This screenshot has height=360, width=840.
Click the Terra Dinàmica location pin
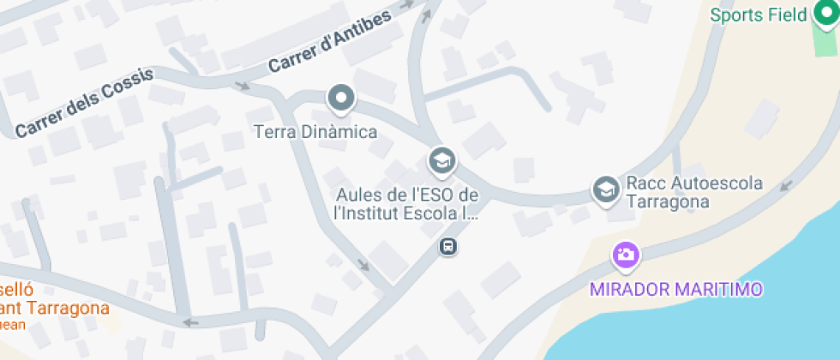342,99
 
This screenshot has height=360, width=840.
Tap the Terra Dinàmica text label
316,132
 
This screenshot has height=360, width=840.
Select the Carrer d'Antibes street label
329,42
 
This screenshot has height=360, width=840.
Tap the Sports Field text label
759,15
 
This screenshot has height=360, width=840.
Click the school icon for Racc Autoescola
607,190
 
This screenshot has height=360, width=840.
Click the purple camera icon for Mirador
626,255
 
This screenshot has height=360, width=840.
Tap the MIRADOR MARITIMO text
676,289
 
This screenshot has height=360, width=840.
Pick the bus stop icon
447,247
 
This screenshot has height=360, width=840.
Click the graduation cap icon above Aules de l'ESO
442,159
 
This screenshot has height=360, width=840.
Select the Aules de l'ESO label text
406,203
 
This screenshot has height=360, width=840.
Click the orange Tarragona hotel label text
57,309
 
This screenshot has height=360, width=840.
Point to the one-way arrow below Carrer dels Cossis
243,86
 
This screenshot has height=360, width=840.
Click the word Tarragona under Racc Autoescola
668,202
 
